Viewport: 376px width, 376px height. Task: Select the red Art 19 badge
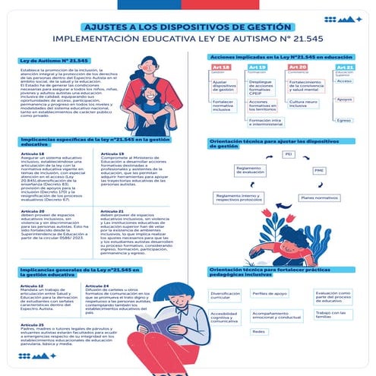click(x=257, y=68)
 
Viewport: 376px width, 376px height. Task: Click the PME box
click(x=319, y=170)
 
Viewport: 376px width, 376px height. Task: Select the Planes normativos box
click(x=318, y=197)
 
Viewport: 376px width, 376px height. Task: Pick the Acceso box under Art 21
click(x=344, y=81)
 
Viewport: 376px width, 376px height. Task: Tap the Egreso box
click(x=344, y=119)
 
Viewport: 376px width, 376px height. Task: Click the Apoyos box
click(x=344, y=100)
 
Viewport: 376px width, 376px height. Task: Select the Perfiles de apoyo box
click(x=270, y=293)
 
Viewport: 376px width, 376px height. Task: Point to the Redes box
click(x=259, y=331)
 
